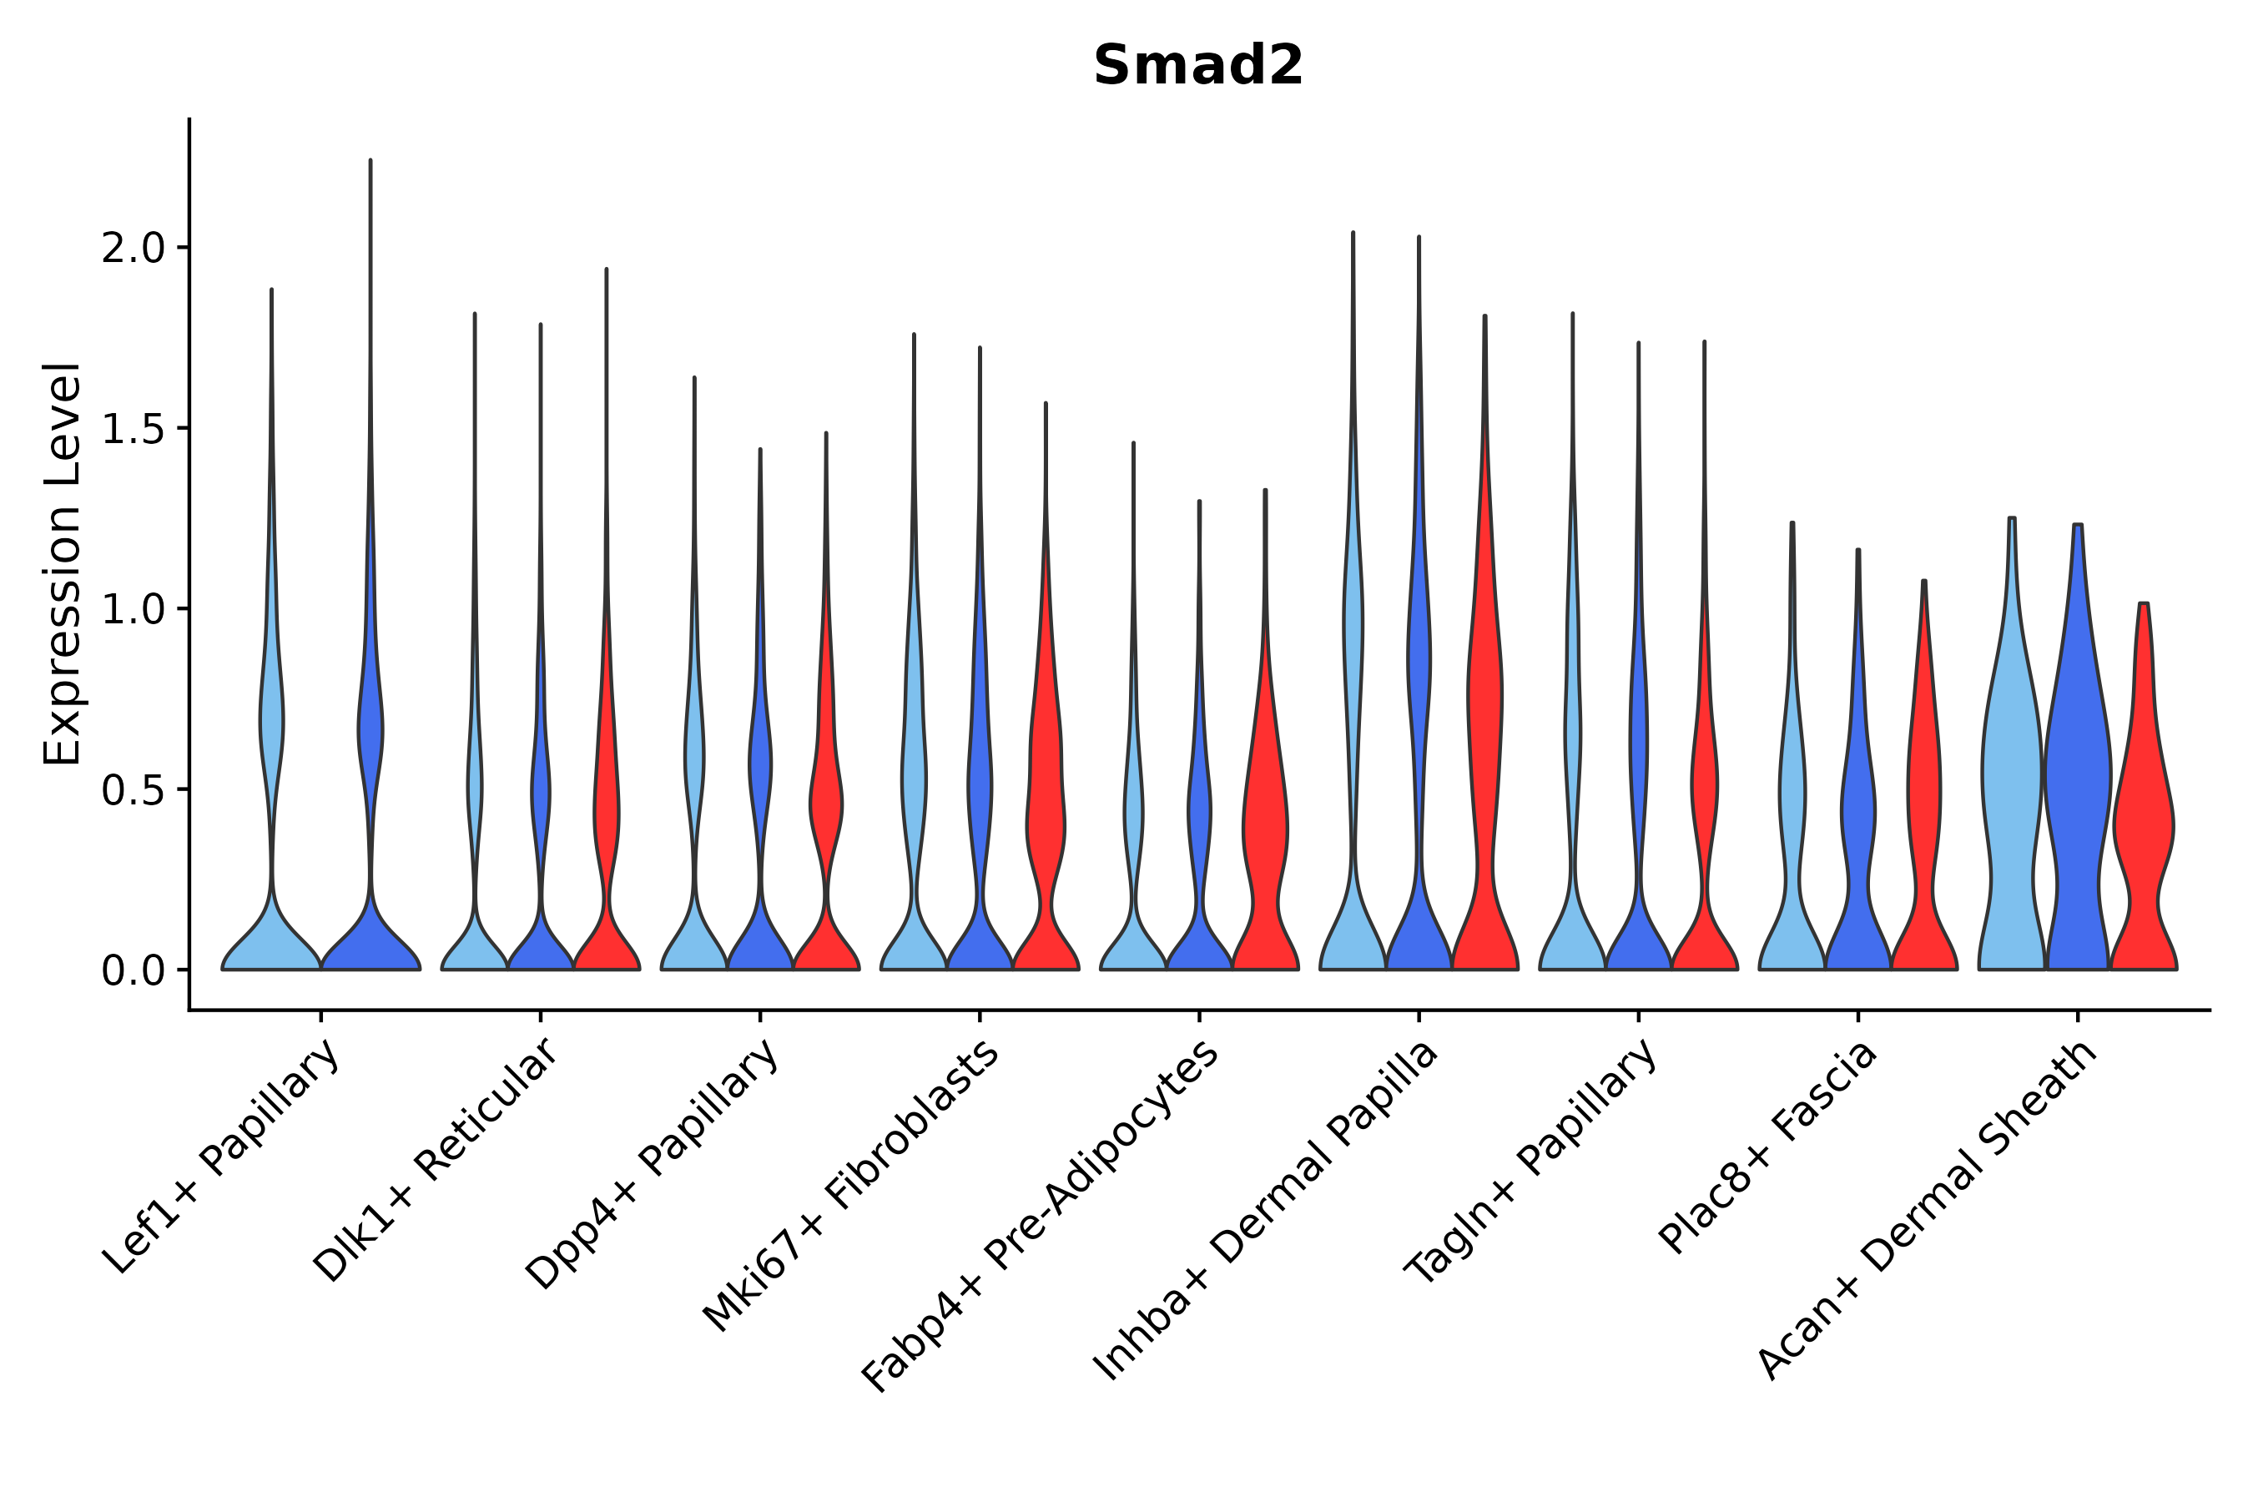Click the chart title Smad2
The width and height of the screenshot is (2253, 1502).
(x=1197, y=66)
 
